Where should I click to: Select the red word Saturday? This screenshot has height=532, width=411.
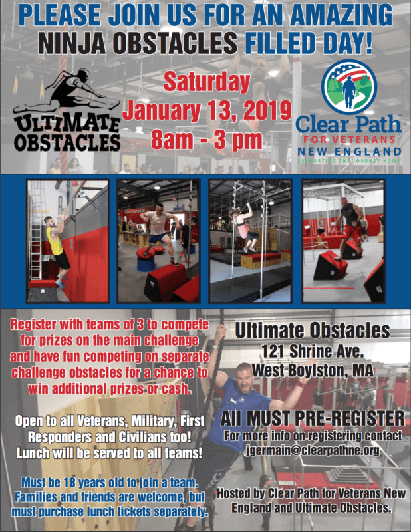(x=207, y=82)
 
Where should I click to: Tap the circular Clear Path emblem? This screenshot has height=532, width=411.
(x=350, y=87)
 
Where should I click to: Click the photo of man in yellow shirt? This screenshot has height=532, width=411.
(x=67, y=240)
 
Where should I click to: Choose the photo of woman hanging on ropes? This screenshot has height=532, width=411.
(x=249, y=240)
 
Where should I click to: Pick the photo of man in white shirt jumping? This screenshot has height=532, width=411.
(x=158, y=240)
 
